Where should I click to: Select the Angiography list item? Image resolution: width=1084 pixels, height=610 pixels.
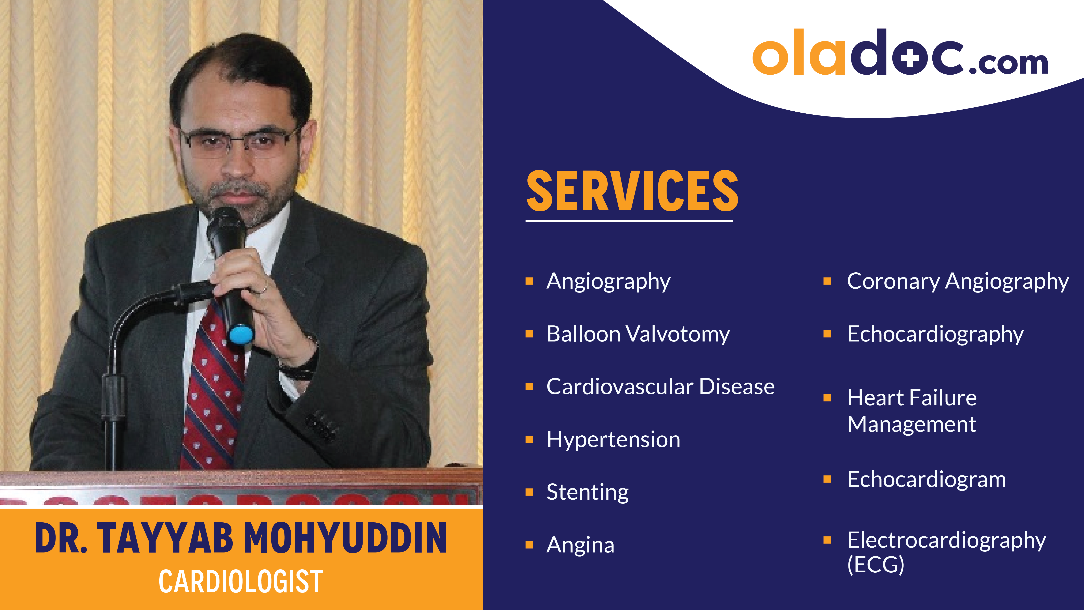608,281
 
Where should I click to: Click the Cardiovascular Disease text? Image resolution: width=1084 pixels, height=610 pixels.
660,386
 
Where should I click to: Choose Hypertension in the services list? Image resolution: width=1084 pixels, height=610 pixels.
613,439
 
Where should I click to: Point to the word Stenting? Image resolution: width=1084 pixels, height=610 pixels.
588,492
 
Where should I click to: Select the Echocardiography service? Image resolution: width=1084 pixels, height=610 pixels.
935,334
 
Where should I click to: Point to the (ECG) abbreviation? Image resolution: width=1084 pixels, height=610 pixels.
875,564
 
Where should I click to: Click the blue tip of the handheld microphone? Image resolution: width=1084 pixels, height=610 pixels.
241,335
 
